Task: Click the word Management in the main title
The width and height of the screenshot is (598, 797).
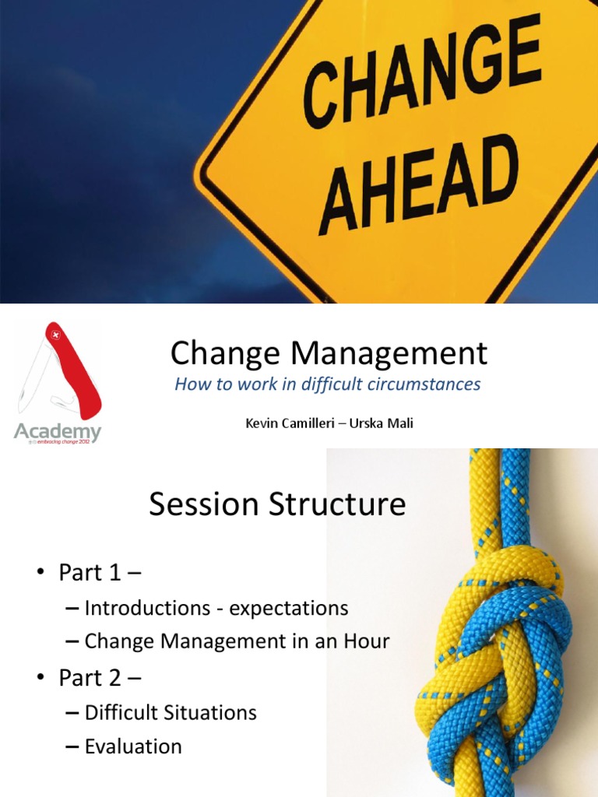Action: (x=389, y=354)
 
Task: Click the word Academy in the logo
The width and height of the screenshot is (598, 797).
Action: (x=58, y=433)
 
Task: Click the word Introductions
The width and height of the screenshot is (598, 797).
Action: (x=146, y=608)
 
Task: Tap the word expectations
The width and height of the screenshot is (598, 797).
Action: (x=288, y=608)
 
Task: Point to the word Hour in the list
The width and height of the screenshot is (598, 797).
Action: (x=364, y=642)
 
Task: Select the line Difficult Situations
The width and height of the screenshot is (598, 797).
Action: (x=171, y=712)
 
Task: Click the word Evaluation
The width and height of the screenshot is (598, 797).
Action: (x=133, y=747)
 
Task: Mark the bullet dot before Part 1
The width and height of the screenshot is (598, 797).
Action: (x=40, y=574)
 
